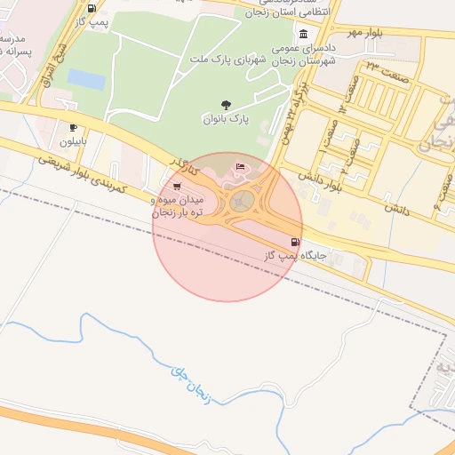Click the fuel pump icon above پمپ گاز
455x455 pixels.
92,7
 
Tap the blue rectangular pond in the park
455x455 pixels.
85,78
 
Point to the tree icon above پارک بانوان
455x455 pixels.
224,105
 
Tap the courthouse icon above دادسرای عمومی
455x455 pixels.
303,34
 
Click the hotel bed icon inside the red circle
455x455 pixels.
241,169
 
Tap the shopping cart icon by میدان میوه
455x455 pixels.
178,186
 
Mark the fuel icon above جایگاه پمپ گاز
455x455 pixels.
294,242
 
